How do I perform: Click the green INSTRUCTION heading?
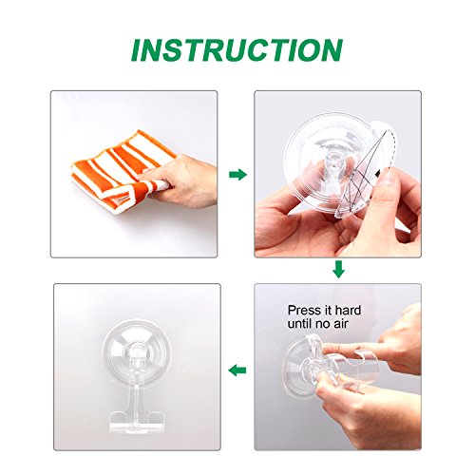(237, 50)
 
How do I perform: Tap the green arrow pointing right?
(237, 175)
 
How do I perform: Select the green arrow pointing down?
(338, 270)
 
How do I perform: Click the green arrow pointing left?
(237, 370)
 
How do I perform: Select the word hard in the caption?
(348, 310)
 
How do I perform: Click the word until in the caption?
(300, 324)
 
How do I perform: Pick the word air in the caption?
(340, 324)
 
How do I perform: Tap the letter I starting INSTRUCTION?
(137, 50)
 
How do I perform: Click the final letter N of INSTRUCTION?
(332, 50)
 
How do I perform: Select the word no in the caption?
(322, 324)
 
